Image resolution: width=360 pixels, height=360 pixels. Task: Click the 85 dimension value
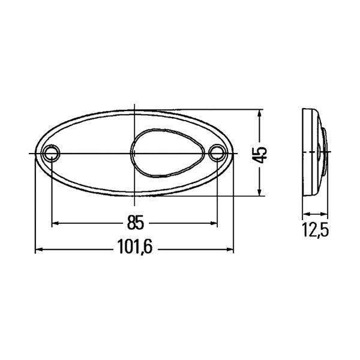[x=136, y=223]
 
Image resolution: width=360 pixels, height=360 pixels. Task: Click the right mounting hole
[x=217, y=154]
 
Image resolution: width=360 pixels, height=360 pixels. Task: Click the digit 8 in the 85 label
[x=131, y=223]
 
